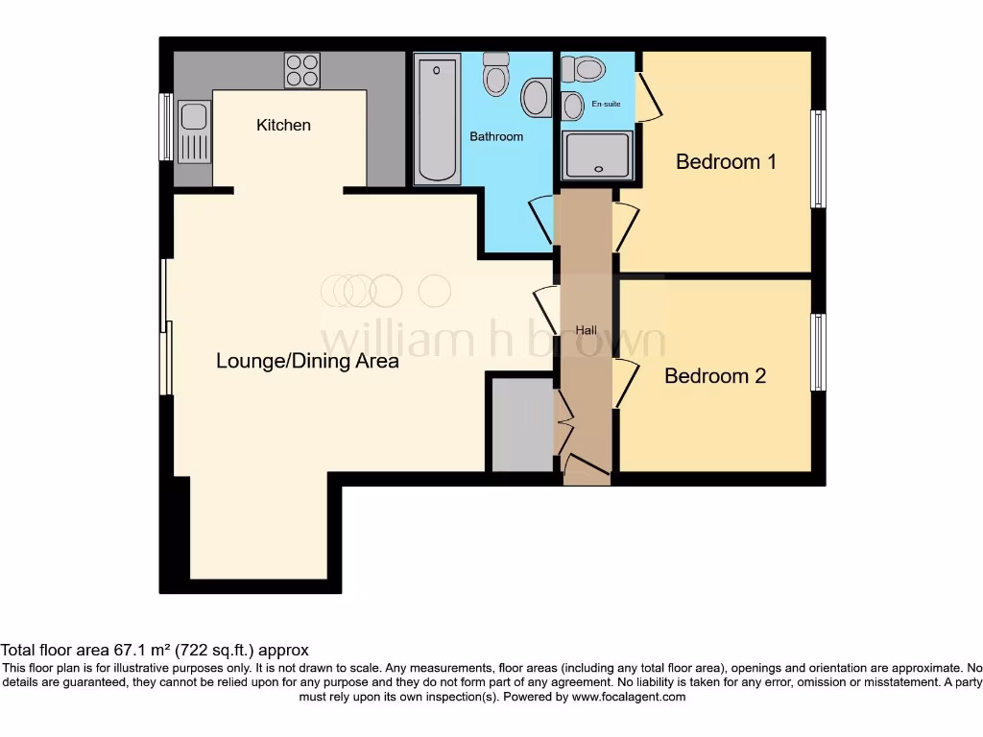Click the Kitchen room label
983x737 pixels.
(283, 125)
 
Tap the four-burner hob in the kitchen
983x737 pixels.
(302, 70)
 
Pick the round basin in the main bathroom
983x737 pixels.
(536, 97)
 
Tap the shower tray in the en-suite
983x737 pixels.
(598, 155)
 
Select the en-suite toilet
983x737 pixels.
(585, 68)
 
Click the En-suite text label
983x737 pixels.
(606, 104)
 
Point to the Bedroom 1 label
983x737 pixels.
(726, 161)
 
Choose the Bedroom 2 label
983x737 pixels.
(715, 376)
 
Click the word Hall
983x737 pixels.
(586, 330)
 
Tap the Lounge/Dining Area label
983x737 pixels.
(307, 362)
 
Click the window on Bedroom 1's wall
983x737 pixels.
(817, 158)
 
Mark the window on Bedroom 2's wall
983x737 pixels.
(817, 352)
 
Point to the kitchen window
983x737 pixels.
(166, 127)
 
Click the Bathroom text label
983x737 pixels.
(496, 136)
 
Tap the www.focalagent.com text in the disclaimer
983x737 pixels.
(629, 697)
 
